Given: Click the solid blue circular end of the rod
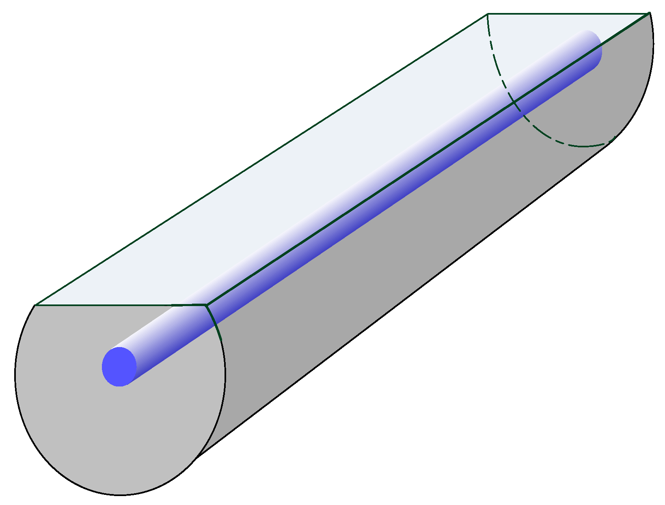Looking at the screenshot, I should point(119,367).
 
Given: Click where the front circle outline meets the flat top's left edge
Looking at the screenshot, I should point(35,305).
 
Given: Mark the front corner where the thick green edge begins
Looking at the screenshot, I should point(207,304).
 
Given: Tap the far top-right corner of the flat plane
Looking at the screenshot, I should point(650,13).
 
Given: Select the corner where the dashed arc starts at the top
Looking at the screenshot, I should point(488,14).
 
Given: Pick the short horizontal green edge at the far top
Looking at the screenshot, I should point(568,14).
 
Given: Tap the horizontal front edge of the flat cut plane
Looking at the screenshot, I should point(122,305).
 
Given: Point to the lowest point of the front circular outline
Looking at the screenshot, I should point(120,495).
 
